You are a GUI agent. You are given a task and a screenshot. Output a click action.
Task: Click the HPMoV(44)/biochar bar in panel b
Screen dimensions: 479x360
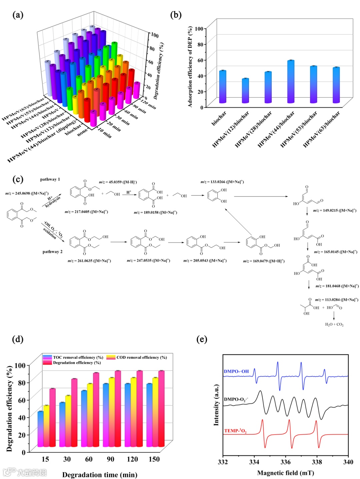pos(291,82)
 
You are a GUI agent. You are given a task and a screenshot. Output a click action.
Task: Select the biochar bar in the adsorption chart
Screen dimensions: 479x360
pos(223,87)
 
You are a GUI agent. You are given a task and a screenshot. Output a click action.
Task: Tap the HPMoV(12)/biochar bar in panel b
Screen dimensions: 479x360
pos(245,91)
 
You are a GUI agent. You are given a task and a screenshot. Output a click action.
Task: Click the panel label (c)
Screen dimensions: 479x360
pos(18,180)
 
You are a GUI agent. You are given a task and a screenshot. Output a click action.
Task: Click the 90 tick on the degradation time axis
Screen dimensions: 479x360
pos(110,459)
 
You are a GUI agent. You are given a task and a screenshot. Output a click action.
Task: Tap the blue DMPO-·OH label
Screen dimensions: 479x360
pos(236,371)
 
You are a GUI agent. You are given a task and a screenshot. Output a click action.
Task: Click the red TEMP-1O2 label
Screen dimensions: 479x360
pos(235,431)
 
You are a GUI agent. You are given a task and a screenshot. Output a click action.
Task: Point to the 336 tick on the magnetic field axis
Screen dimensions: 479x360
pos(285,462)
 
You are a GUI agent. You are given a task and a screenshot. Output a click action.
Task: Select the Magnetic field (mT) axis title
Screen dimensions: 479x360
pos(285,473)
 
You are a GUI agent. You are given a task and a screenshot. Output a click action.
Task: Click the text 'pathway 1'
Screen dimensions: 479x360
pos(50,179)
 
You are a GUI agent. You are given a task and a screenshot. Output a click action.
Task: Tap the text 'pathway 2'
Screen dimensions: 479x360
pos(52,252)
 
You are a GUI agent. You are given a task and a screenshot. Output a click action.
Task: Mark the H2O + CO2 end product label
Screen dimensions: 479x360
pos(334,324)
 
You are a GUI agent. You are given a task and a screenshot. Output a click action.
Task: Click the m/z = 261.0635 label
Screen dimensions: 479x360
pos(89,261)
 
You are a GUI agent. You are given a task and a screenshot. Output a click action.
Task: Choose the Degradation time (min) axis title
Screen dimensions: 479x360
pos(100,475)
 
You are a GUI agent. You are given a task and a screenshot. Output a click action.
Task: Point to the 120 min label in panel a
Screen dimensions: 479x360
pos(149,104)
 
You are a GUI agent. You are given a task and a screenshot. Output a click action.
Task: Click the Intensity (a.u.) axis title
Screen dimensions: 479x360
pos(216,405)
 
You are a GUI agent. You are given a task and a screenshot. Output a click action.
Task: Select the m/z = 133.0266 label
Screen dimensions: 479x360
pos(222,182)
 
